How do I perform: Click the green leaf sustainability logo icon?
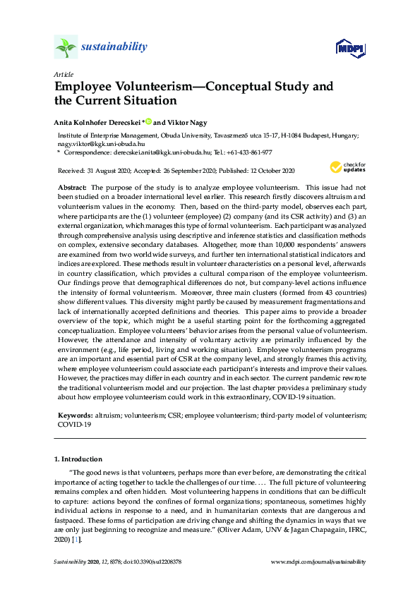coord(66,47)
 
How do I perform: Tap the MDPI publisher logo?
coord(350,48)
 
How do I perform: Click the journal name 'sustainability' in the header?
coord(114,47)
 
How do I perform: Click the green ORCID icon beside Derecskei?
coord(148,121)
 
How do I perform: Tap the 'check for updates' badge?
coord(347,168)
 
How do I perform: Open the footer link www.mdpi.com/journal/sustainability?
coord(318,562)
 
